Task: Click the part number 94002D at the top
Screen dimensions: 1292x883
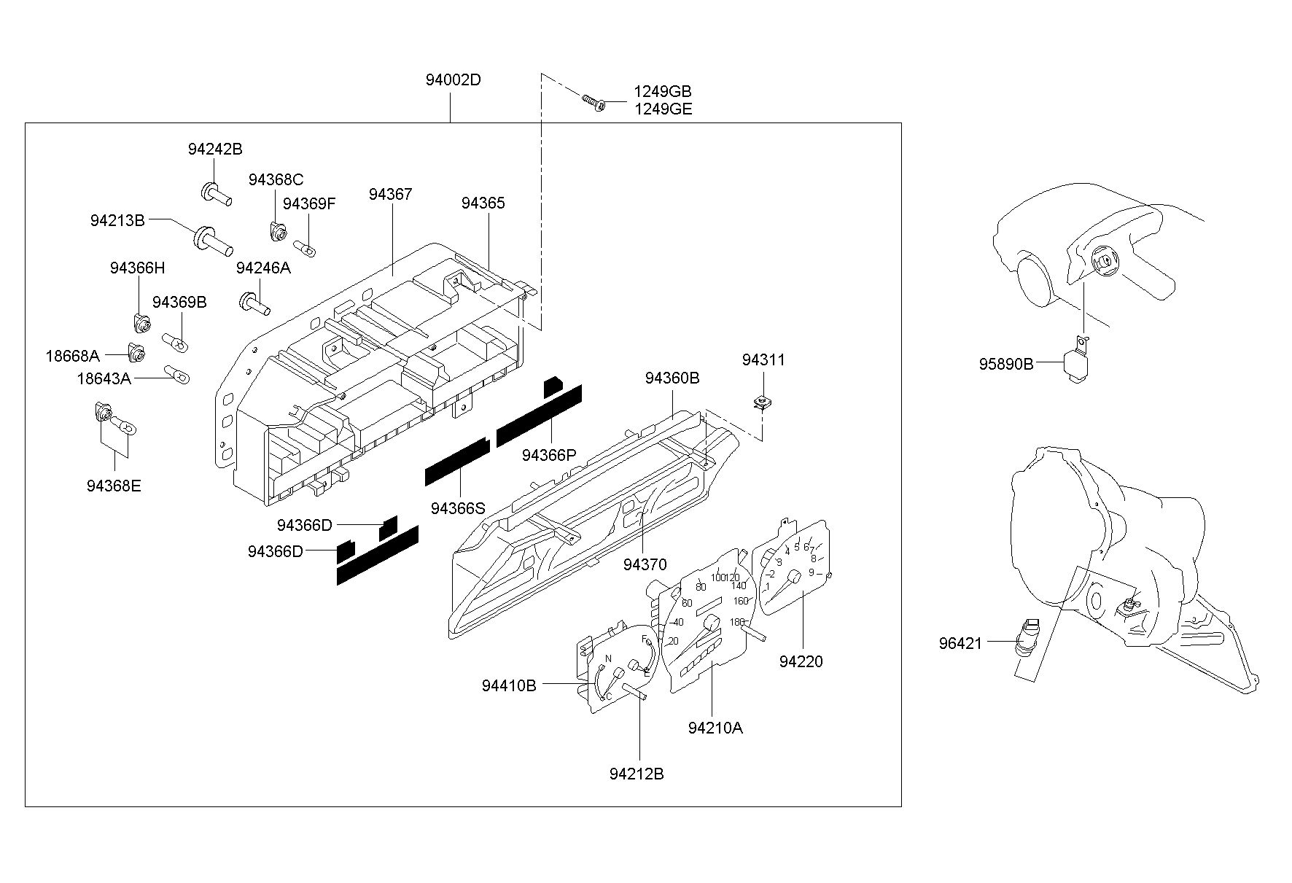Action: pyautogui.click(x=454, y=80)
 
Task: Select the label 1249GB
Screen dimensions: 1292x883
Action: pyautogui.click(x=662, y=92)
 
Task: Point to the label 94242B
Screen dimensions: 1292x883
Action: pyautogui.click(x=215, y=149)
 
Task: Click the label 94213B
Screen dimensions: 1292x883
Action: pyautogui.click(x=118, y=220)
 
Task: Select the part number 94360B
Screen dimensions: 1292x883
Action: pyautogui.click(x=672, y=378)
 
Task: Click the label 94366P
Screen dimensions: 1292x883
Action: pyautogui.click(x=549, y=455)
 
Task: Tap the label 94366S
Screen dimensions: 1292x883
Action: pyautogui.click(x=458, y=508)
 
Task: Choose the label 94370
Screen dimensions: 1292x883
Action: pyautogui.click(x=645, y=565)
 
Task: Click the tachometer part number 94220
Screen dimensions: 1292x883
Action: pyautogui.click(x=801, y=661)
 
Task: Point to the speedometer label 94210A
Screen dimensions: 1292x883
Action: pyautogui.click(x=715, y=728)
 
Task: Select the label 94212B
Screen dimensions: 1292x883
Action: pyautogui.click(x=637, y=774)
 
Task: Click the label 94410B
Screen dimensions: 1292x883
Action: pyautogui.click(x=509, y=685)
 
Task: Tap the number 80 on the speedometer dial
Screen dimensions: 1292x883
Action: pyautogui.click(x=701, y=587)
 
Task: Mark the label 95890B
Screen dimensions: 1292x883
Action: pyautogui.click(x=1006, y=363)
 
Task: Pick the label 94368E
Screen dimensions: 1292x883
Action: pyautogui.click(x=114, y=486)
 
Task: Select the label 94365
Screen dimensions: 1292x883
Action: pyautogui.click(x=483, y=203)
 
